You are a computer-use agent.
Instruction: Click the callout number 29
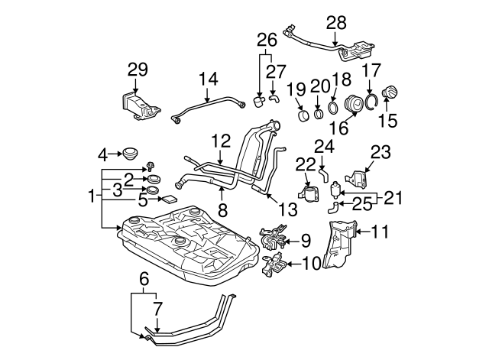pos(137,70)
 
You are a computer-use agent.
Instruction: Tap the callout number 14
pos(209,78)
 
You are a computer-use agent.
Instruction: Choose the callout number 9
pos(305,241)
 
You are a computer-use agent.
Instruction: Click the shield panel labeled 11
pos(339,245)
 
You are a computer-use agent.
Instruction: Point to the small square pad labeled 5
pos(168,198)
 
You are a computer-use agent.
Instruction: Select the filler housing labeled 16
pos(355,105)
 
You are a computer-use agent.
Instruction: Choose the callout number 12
pos(220,141)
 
